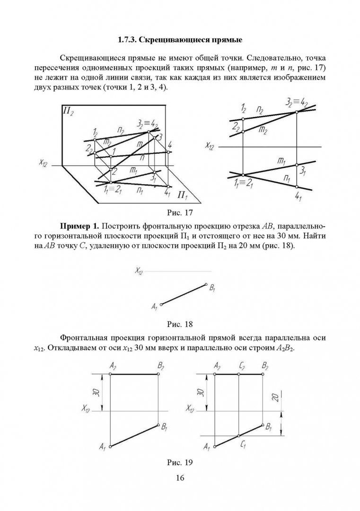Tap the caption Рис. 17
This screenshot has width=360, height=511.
tap(180, 212)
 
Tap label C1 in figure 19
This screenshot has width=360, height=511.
tap(243, 443)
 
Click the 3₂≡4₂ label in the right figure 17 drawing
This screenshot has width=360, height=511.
tap(298, 103)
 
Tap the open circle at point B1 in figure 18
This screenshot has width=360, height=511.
tap(206, 284)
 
